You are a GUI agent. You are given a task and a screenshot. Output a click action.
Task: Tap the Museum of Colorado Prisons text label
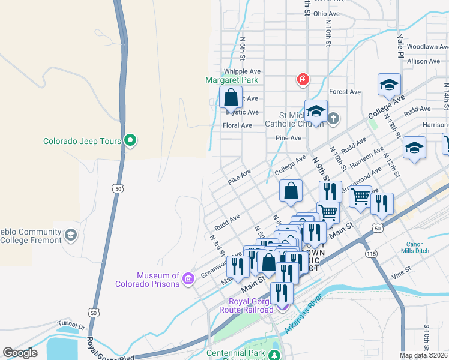pos(158,280)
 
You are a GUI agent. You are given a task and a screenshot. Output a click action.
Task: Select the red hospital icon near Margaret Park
pos(303,79)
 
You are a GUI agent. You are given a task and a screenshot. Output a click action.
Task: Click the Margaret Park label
pos(232,79)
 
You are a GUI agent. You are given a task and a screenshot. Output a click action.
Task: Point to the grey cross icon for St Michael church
pos(334,119)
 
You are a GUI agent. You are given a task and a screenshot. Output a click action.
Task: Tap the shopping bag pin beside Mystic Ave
pos(231,97)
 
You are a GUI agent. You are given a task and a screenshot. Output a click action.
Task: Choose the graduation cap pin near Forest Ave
pos(389,85)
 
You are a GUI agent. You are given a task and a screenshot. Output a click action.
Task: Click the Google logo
pos(20,353)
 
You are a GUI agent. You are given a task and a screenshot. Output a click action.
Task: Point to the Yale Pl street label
pos(400,41)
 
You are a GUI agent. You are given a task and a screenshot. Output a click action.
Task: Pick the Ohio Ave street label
pos(327,13)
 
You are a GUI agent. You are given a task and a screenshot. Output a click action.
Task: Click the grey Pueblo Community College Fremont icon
pos(71,233)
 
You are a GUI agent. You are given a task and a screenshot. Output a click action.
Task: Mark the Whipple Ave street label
pos(242,71)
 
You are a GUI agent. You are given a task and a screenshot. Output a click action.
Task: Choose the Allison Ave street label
pos(423,61)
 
